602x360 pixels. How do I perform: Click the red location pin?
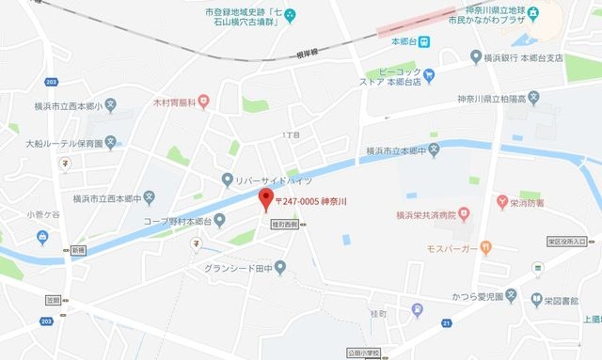(265, 198)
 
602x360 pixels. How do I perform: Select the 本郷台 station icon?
(425, 41)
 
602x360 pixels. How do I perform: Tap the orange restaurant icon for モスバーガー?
(485, 248)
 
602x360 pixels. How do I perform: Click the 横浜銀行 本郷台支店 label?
(521, 57)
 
